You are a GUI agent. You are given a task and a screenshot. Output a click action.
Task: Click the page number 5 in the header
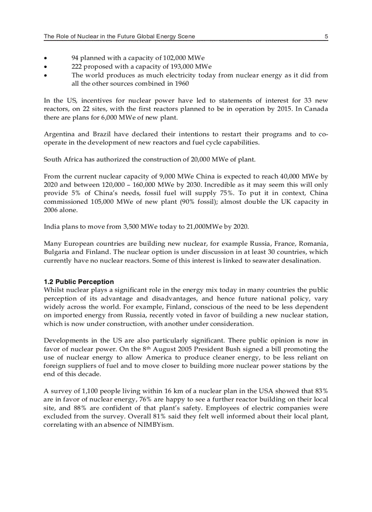click(x=326, y=37)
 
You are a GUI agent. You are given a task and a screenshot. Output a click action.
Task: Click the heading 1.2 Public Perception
click(x=79, y=282)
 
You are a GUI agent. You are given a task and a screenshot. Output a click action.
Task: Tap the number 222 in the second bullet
click(x=77, y=67)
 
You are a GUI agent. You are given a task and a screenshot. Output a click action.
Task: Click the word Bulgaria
click(x=57, y=252)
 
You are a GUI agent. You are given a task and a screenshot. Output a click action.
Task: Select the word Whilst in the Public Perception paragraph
click(x=54, y=290)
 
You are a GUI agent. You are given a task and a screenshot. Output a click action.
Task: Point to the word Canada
click(x=316, y=109)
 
